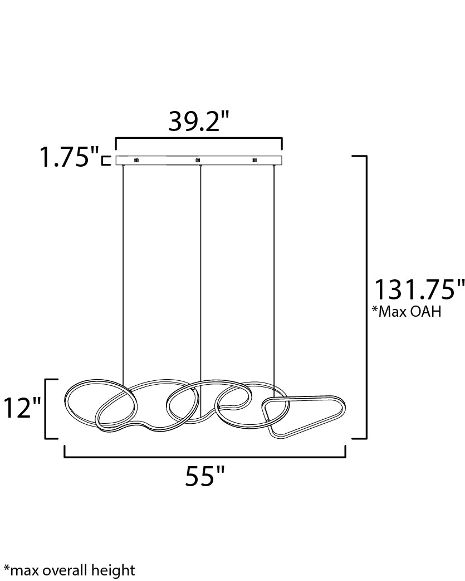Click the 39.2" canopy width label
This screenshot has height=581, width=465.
199,122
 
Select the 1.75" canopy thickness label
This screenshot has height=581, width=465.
68,158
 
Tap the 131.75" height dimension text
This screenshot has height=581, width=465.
418,290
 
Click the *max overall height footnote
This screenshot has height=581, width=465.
69,570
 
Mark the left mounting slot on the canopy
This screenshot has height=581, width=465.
137,160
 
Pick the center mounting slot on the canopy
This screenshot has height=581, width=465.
198,160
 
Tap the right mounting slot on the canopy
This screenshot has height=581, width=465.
254,160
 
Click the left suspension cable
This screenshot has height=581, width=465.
123,268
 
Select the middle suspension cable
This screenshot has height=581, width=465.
199,268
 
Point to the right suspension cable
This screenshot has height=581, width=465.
275,268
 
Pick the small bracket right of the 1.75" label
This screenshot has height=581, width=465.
106,160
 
